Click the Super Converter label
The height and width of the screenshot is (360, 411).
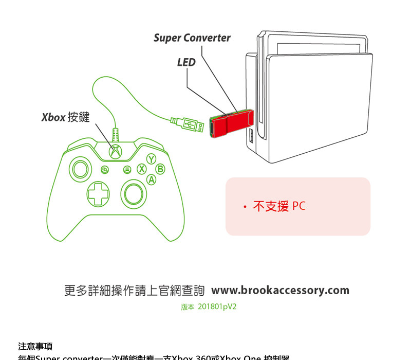tap(192, 38)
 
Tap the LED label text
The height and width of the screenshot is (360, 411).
tap(186, 63)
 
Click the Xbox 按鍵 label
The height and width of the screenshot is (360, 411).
tap(65, 118)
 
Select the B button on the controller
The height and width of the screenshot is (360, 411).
tap(160, 169)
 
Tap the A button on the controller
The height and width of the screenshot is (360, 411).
tap(151, 179)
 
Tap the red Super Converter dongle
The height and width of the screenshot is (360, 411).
tap(231, 124)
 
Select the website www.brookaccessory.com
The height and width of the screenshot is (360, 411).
tap(280, 290)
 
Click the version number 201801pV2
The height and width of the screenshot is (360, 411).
tap(217, 307)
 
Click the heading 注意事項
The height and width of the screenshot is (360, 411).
tap(35, 346)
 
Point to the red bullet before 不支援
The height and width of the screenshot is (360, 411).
tap(245, 207)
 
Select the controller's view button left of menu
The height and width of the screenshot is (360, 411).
tap(105, 170)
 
